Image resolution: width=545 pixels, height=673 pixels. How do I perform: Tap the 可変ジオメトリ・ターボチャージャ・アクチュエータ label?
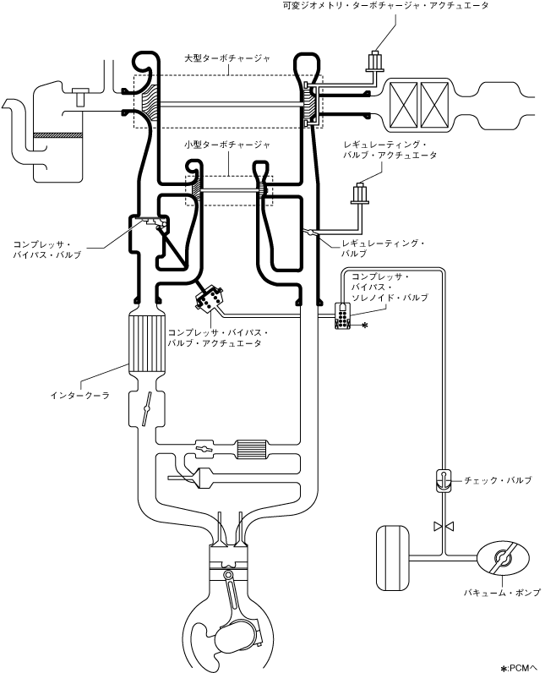click(x=408, y=6)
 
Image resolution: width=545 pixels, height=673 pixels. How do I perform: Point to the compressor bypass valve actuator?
click(x=208, y=300)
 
